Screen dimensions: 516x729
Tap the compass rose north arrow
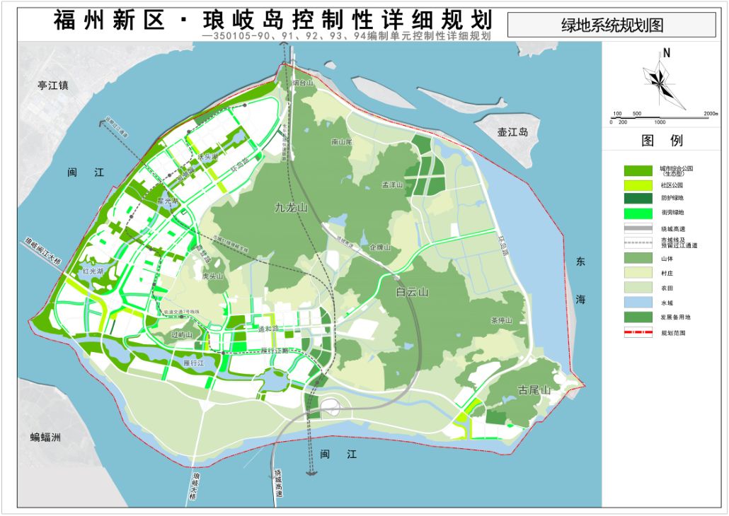[664, 78]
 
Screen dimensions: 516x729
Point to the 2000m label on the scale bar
[710, 113]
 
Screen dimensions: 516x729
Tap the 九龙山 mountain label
[292, 208]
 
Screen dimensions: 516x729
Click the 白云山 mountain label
[413, 292]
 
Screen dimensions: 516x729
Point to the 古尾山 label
[534, 389]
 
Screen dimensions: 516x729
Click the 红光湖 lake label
[93, 271]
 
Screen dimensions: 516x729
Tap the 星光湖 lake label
[168, 201]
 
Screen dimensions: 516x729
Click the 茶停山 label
[501, 320]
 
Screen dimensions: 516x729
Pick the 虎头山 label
[212, 276]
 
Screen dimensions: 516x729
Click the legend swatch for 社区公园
[638, 184]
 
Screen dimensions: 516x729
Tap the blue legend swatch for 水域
[638, 303]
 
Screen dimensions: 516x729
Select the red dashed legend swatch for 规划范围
[638, 332]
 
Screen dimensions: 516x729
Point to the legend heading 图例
[662, 141]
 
